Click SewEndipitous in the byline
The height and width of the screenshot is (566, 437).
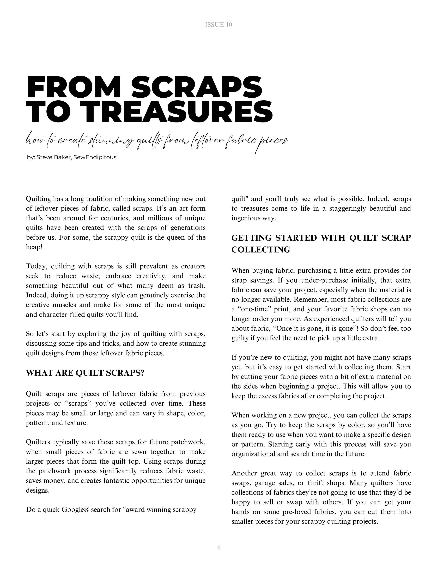(x=95, y=157)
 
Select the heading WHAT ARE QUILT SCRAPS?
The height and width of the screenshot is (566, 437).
(x=85, y=373)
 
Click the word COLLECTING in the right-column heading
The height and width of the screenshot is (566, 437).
(x=261, y=250)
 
